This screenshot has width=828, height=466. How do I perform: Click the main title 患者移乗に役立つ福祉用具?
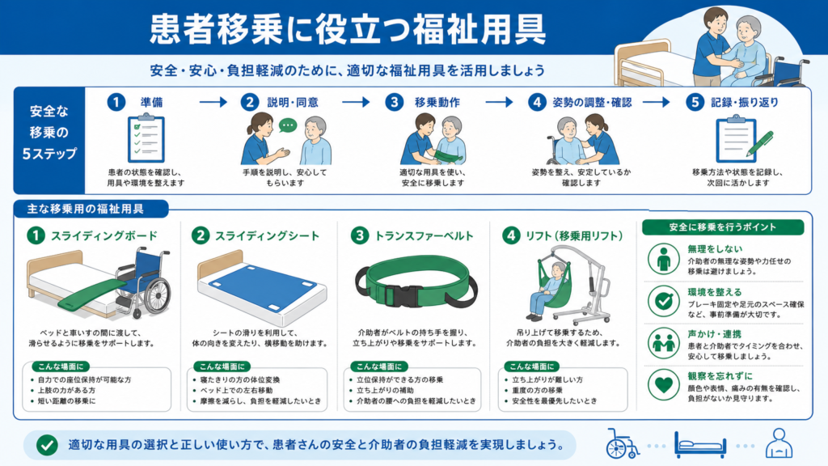348,30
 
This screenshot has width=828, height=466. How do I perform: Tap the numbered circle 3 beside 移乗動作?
394,102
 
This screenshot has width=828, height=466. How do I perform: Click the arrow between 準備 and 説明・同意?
213,102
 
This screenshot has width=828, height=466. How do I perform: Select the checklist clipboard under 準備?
146,138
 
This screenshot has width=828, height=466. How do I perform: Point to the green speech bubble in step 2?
288,125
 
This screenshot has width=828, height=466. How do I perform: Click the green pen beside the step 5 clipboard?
760,143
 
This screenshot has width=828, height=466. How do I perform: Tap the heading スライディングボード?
104,235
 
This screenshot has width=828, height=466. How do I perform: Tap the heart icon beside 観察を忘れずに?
663,385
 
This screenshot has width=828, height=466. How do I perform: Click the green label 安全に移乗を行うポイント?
723,227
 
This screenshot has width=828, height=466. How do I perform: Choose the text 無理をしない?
715,249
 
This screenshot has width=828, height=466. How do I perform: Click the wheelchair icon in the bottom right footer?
623,444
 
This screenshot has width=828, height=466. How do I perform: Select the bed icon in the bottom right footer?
699,445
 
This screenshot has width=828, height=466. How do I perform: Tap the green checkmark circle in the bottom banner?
47,445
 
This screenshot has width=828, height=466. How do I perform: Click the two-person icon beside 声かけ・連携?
663,343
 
